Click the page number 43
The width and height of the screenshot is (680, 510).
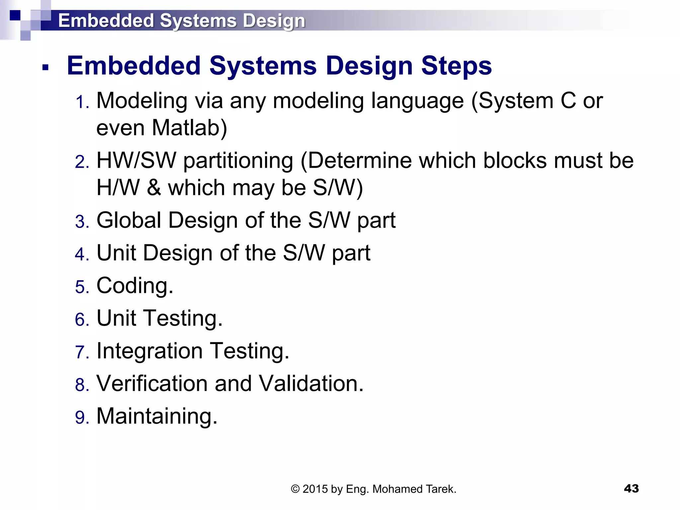coord(631,488)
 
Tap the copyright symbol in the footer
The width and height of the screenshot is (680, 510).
coord(295,489)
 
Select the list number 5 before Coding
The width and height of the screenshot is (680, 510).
coord(82,287)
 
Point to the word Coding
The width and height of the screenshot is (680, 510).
coord(134,286)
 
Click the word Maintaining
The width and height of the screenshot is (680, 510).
coord(157,416)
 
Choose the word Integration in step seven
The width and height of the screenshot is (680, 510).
coord(149,351)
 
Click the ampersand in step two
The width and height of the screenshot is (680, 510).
coord(154,188)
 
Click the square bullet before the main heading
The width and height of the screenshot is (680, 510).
coord(45,68)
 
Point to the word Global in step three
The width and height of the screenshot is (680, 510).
coord(129,220)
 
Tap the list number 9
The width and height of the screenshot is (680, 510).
coord(82,417)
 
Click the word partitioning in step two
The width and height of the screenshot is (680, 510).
coord(238,161)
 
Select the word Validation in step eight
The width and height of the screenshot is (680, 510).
coord(311,383)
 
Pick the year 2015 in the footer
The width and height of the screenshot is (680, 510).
coord(315,489)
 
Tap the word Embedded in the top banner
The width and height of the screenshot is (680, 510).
coord(106,21)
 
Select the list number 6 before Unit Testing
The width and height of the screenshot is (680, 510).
coord(82,319)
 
